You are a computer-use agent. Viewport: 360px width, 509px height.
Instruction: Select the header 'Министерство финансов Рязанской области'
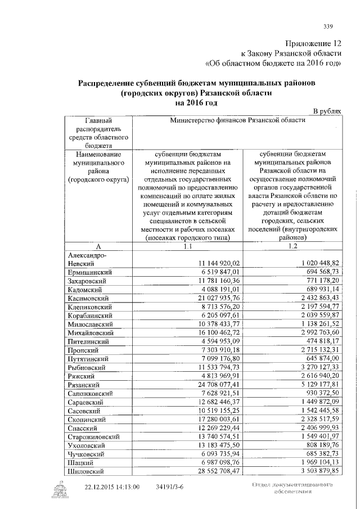pyautogui.click(x=237, y=120)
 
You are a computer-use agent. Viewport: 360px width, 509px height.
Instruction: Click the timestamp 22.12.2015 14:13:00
pyautogui.click(x=112, y=487)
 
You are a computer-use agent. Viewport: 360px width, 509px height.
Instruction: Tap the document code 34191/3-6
pyautogui.click(x=170, y=487)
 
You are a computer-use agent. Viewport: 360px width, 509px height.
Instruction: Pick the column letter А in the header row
pyautogui.click(x=98, y=246)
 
